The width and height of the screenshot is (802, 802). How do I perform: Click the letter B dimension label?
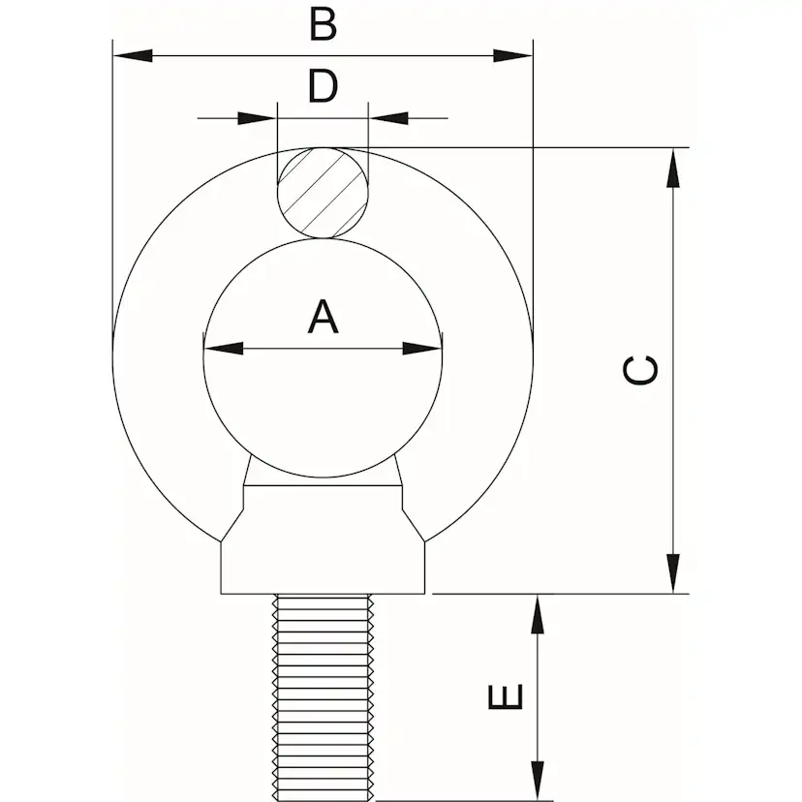pyautogui.click(x=324, y=24)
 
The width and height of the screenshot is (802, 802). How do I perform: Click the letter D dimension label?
pyautogui.click(x=323, y=86)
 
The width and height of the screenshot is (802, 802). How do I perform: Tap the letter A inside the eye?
pyautogui.click(x=323, y=318)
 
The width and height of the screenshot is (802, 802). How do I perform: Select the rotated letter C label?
pyautogui.click(x=640, y=370)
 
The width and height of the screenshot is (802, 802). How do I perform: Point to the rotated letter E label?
pyautogui.click(x=506, y=696)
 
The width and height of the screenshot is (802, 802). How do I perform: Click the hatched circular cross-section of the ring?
pyautogui.click(x=323, y=193)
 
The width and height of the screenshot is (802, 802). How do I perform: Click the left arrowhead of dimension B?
pyautogui.click(x=133, y=56)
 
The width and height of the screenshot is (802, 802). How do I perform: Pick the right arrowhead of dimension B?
pyautogui.click(x=513, y=56)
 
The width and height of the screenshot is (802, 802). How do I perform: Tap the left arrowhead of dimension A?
pyautogui.click(x=224, y=349)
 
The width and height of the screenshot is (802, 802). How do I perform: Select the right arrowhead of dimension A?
pyautogui.click(x=422, y=349)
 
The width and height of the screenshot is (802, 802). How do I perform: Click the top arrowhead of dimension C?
pyautogui.click(x=673, y=168)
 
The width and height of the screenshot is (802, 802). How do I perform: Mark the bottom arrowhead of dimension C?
pyautogui.click(x=673, y=573)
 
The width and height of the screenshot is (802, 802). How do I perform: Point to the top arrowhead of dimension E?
pyautogui.click(x=537, y=615)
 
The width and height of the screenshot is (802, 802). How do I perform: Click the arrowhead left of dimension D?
pyautogui.click(x=258, y=118)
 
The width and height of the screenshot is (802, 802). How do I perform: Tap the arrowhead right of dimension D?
pyautogui.click(x=388, y=118)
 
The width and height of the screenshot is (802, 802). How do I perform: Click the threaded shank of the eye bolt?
pyautogui.click(x=323, y=697)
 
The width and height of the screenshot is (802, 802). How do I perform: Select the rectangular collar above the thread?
pyautogui.click(x=323, y=568)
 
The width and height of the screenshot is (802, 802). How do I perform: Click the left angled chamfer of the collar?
pyautogui.click(x=231, y=525)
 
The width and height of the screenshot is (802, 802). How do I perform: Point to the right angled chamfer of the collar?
pyautogui.click(x=414, y=525)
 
